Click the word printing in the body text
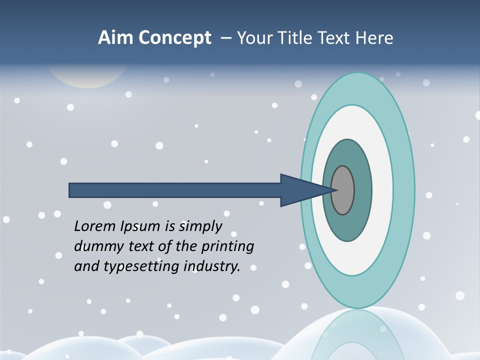click(x=227, y=247)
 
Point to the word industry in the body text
click(x=212, y=267)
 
